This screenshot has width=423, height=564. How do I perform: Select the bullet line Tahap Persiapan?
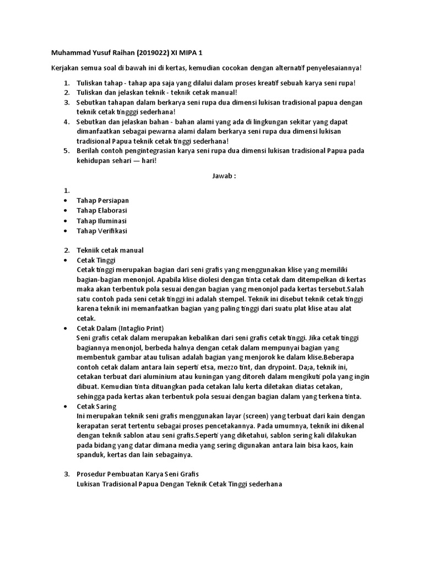102,200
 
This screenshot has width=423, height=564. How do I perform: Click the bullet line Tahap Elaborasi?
102,210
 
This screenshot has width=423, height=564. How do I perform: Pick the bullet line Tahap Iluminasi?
101,221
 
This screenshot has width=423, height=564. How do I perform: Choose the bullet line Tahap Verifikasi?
102,231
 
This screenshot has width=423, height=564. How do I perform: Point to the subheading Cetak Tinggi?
96,260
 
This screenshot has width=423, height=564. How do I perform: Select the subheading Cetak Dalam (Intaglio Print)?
120,328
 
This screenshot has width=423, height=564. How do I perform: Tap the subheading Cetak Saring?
96,406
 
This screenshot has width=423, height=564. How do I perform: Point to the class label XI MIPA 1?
186,53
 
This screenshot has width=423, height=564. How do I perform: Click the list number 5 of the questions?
66,151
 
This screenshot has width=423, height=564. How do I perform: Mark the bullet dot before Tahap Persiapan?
66,201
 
